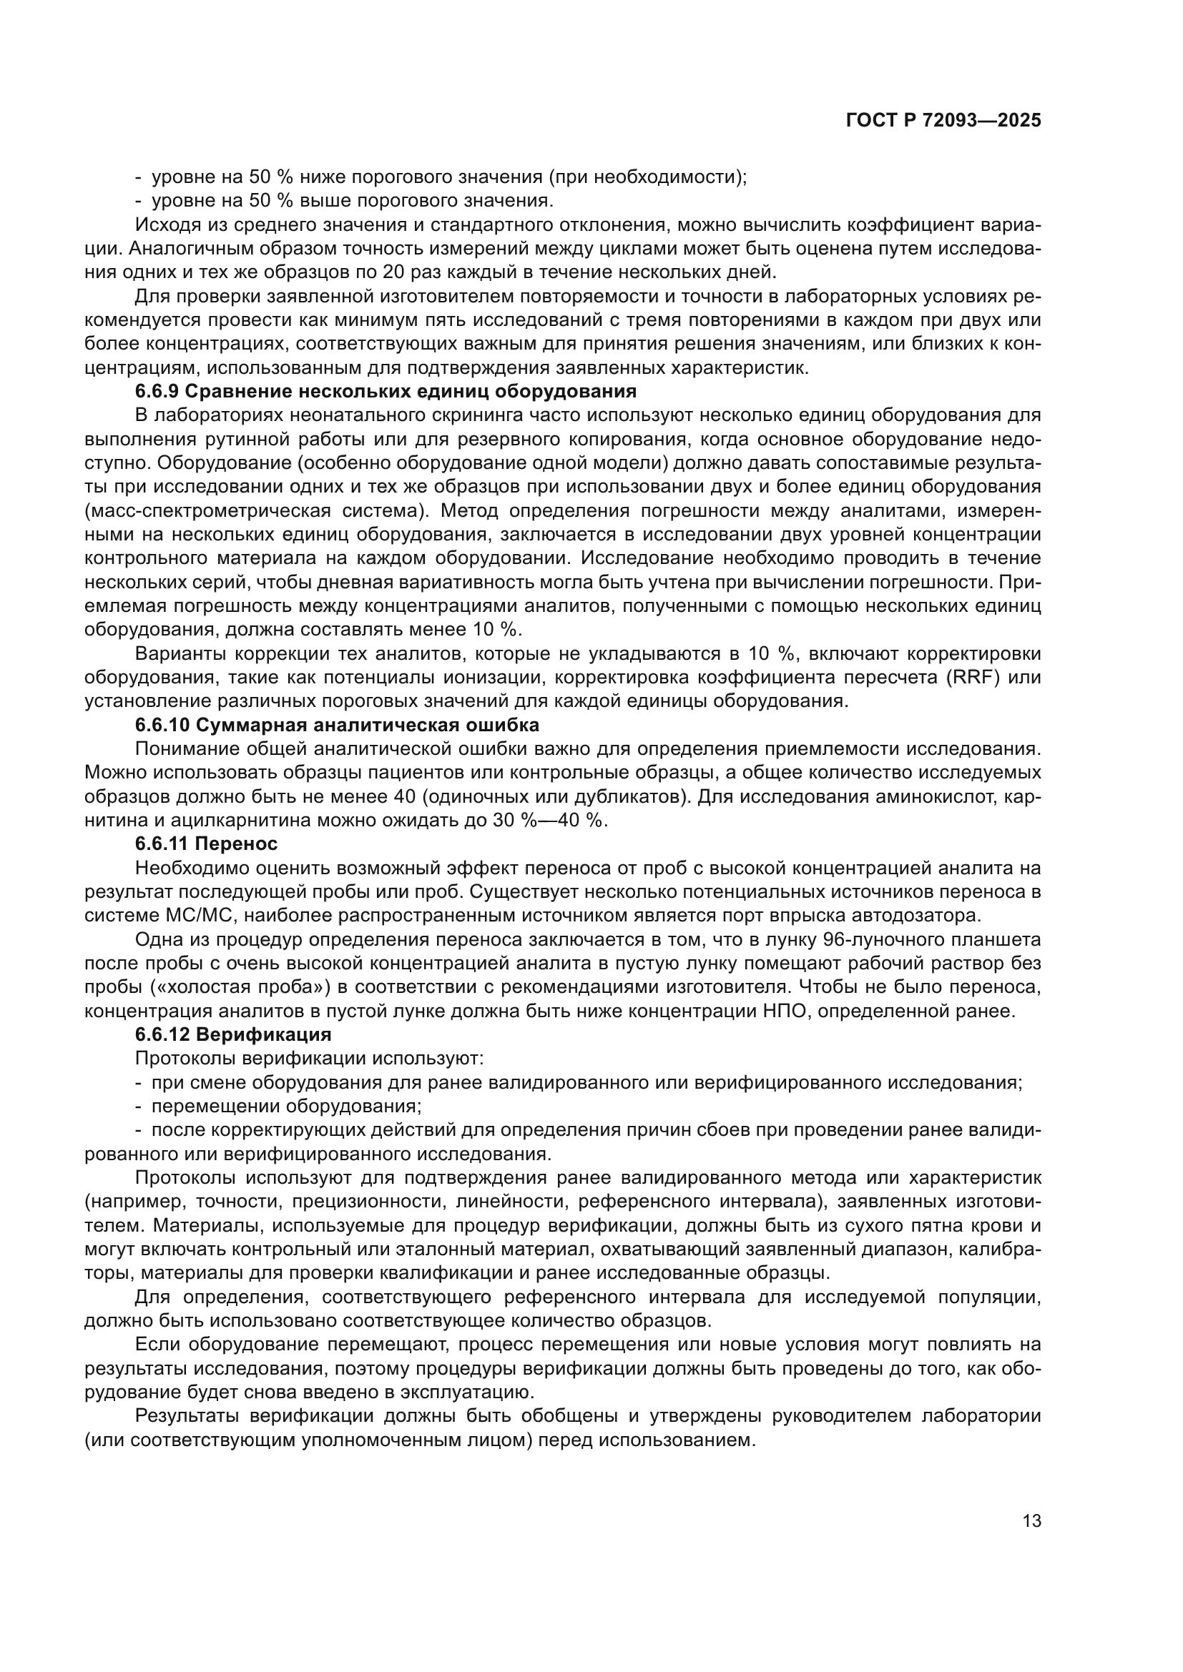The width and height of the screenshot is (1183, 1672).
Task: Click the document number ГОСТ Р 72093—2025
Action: pyautogui.click(x=943, y=121)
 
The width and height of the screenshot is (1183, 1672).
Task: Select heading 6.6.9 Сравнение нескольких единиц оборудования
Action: pyautogui.click(x=386, y=392)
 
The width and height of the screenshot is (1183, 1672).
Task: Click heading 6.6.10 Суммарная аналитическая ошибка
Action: pyautogui.click(x=337, y=726)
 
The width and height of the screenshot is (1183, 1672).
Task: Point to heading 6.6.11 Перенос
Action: pyautogui.click(x=206, y=845)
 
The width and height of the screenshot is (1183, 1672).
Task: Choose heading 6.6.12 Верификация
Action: pyautogui.click(x=233, y=1035)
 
